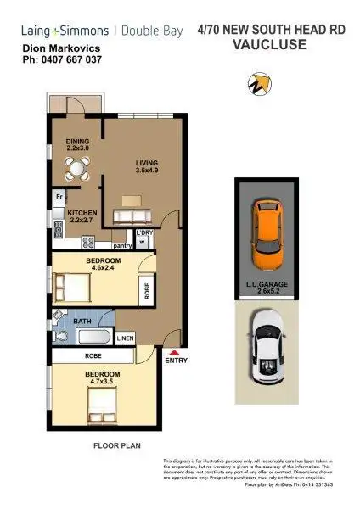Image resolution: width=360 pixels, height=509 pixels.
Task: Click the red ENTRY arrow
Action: click(x=174, y=353)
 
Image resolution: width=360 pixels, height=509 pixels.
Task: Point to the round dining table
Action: click(x=77, y=169)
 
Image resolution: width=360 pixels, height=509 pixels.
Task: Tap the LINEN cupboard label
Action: click(x=125, y=337)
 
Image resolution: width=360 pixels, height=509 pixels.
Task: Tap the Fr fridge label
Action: click(x=59, y=197)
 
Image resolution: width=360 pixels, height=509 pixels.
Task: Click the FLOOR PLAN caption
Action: click(x=116, y=444)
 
